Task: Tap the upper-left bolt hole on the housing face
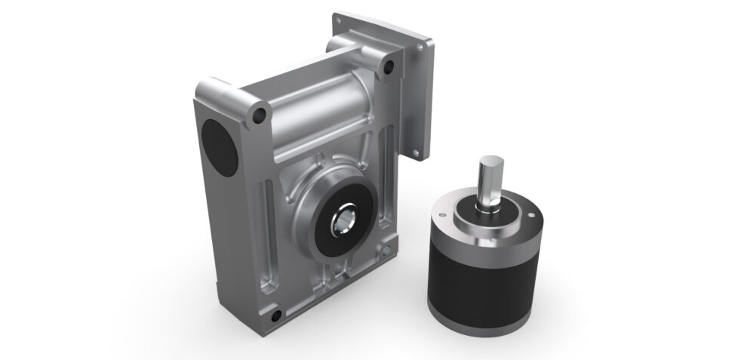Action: pyautogui.click(x=260, y=115)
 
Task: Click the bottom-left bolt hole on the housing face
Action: pyautogui.click(x=277, y=315)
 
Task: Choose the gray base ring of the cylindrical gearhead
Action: pyautogui.click(x=483, y=321)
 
